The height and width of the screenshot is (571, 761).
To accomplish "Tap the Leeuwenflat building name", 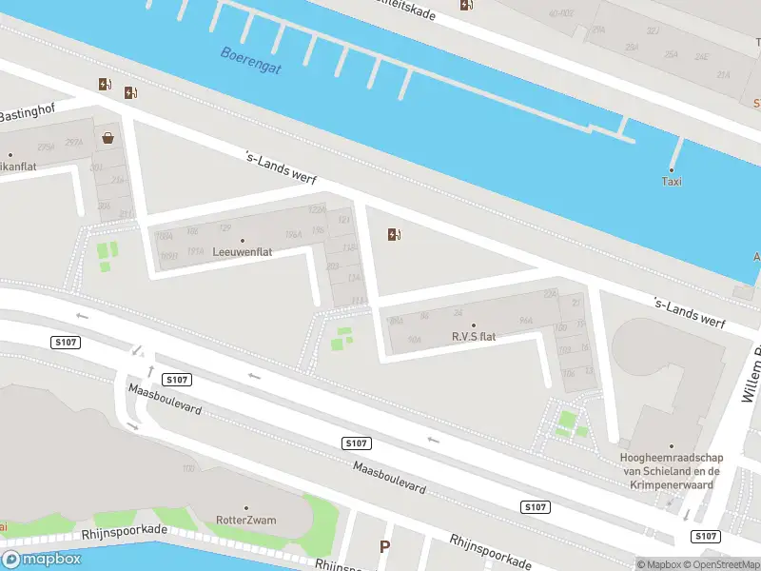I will click(x=242, y=253).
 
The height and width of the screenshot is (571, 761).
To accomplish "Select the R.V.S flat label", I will click(x=474, y=337).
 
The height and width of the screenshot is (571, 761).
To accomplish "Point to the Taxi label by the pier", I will click(x=672, y=181).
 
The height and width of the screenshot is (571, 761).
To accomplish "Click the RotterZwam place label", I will click(x=245, y=521).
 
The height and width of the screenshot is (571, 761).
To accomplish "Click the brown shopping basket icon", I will click(x=109, y=138).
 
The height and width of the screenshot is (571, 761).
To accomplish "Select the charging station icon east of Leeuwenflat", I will click(x=395, y=235).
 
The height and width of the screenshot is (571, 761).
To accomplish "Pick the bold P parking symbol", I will click(x=385, y=547).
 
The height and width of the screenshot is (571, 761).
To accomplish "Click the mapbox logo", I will click(x=43, y=560).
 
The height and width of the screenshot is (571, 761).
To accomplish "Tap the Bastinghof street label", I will click(x=29, y=115).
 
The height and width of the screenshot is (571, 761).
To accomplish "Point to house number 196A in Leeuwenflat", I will click(x=294, y=234).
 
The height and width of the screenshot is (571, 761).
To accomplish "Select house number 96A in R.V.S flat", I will click(x=524, y=321).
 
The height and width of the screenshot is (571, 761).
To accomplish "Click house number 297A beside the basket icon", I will click(x=74, y=143).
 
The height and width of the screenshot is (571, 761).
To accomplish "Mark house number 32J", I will click(x=654, y=30).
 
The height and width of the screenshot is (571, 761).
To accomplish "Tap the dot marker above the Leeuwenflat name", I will click(x=242, y=241).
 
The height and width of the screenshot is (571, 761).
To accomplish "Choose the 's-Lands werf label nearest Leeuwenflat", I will click(x=280, y=167).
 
